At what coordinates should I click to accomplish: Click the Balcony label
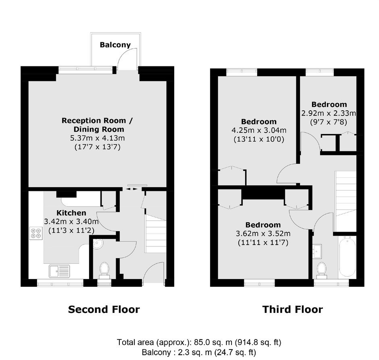[x=115, y=45]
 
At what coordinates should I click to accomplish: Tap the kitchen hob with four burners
[x=36, y=233]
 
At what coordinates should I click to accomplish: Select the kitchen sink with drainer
[x=59, y=271]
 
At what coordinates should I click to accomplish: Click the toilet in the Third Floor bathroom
[x=322, y=270]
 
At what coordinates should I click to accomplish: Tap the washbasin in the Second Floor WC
[x=98, y=244]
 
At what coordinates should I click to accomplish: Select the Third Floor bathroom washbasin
[x=317, y=251]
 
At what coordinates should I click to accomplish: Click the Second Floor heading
[x=104, y=309]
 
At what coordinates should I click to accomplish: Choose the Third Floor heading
[x=292, y=309]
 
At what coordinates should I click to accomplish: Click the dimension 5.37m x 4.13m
[x=98, y=138]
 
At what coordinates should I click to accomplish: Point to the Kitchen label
[x=71, y=213]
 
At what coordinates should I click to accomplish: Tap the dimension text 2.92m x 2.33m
[x=329, y=113]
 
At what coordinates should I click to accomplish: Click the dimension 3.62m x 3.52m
[x=263, y=234]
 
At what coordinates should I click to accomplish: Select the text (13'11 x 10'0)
[x=259, y=139]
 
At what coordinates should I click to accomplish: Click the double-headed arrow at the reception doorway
[x=132, y=189]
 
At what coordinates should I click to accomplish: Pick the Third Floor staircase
[x=346, y=201]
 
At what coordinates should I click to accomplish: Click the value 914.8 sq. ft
[x=258, y=342]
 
